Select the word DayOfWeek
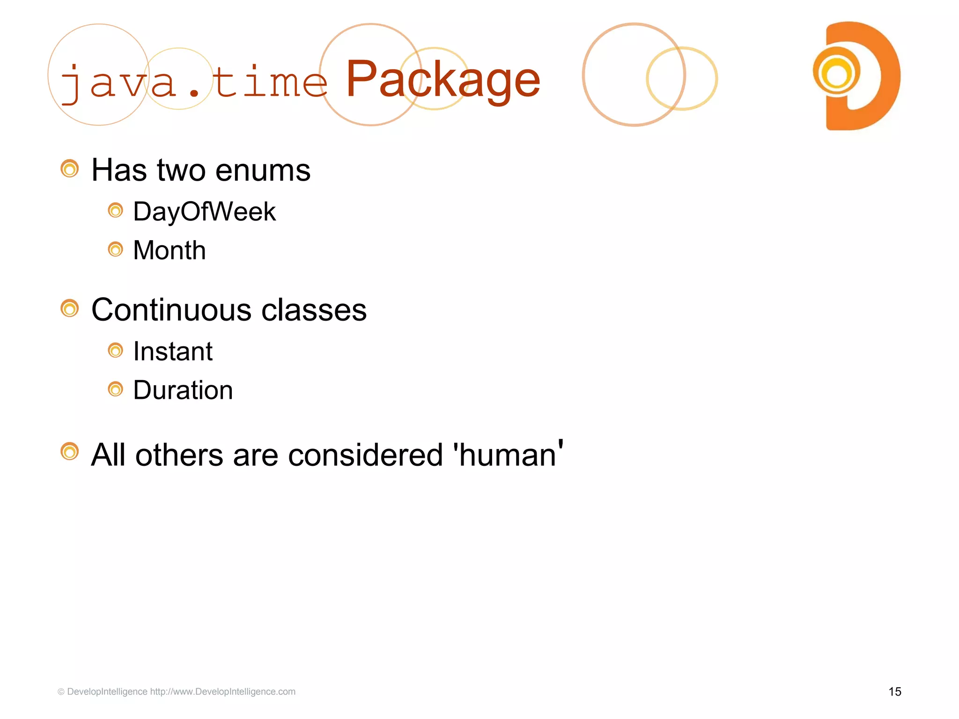coord(204,212)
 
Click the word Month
coord(169,250)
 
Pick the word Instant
coord(173,352)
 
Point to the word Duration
coord(183,390)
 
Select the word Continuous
coord(171,310)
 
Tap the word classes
coord(314,310)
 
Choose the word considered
coord(365,455)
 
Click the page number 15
coord(894,692)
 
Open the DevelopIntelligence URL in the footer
coord(222,692)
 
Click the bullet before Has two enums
coord(70,169)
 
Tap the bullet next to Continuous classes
coord(70,308)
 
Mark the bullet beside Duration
coord(115,389)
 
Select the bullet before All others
coord(70,452)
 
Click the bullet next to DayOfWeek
coord(115,211)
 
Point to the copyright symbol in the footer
coord(61,692)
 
